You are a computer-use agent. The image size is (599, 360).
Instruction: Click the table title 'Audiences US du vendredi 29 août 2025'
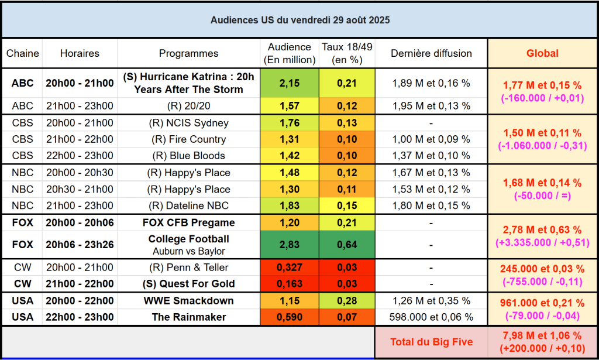point(299,20)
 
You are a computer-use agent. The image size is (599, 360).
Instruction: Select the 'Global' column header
point(542,53)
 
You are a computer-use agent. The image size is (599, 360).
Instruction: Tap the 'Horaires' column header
point(80,53)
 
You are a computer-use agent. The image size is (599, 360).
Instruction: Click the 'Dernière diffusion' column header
point(432,53)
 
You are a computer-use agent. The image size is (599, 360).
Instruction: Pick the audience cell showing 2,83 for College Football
point(290,245)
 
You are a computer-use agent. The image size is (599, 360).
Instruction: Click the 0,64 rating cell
point(347,245)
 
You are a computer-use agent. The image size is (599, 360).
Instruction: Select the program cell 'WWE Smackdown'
point(188,301)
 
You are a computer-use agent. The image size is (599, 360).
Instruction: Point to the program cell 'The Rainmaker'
point(188,317)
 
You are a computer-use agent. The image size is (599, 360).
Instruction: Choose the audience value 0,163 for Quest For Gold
point(290,284)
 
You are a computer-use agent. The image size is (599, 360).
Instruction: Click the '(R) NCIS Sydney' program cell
point(188,123)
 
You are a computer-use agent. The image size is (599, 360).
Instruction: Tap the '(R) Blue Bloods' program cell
point(188,156)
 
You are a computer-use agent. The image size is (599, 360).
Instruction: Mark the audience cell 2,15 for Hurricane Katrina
point(290,83)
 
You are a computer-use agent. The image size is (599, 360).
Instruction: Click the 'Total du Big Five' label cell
point(432,342)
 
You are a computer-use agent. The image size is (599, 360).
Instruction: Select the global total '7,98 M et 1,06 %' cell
point(542,342)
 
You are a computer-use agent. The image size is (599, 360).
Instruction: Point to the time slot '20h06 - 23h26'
point(80,245)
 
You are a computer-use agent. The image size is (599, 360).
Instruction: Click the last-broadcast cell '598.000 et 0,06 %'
point(432,317)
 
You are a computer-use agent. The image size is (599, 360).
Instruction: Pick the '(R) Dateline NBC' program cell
point(188,205)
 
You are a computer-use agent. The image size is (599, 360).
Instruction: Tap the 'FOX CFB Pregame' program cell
point(188,222)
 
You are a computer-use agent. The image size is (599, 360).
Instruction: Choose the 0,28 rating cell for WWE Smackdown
point(347,301)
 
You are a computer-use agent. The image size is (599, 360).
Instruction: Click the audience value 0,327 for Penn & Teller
point(290,268)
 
